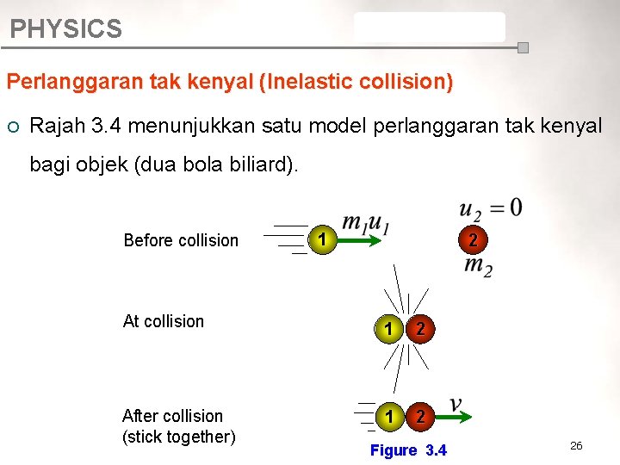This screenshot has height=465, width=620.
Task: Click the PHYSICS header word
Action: [65, 29]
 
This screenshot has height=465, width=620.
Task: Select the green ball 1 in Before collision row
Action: [320, 239]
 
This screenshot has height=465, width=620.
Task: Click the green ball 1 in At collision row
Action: [389, 328]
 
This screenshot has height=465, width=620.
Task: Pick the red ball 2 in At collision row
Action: [419, 328]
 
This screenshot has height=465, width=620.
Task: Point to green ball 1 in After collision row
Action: [389, 417]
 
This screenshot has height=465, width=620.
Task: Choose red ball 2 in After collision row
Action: [419, 417]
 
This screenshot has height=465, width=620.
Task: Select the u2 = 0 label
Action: [490, 208]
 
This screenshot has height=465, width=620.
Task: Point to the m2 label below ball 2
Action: [478, 266]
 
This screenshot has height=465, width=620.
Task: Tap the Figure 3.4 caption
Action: [408, 450]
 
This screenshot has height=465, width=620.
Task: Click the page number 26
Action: [576, 445]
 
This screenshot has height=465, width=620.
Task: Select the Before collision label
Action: [181, 240]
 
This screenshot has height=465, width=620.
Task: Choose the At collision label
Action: [164, 321]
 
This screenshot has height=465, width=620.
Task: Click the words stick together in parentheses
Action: [179, 437]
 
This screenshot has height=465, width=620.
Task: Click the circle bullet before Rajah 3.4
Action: [13, 126]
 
